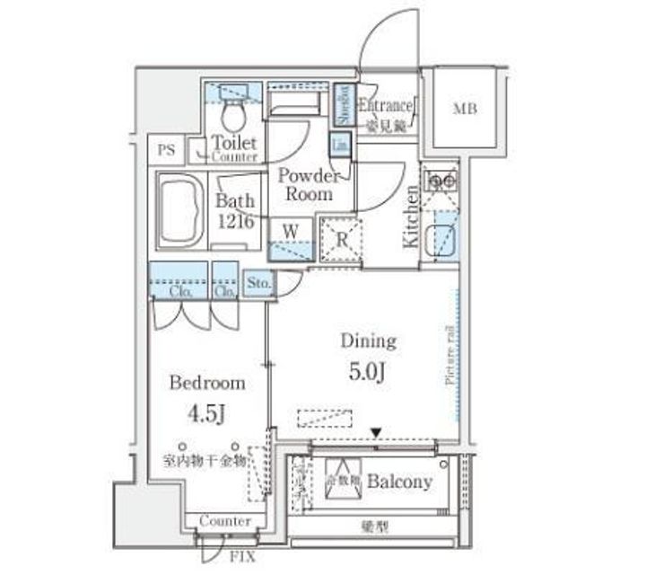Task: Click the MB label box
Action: point(464,111)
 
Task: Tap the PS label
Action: point(168,149)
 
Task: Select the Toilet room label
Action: point(234,143)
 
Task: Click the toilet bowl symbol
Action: point(233,113)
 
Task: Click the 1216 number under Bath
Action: point(235,222)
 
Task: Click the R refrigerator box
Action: point(342,240)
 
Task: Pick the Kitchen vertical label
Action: point(410,217)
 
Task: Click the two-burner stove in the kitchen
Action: point(440,181)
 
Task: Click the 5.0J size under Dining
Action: point(367,371)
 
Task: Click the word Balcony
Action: point(399,482)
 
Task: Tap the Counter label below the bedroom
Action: point(224,521)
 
